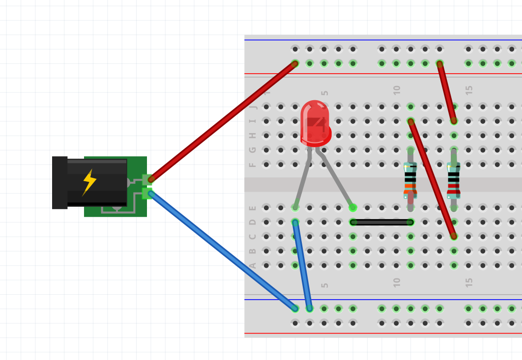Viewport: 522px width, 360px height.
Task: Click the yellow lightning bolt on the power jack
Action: (89, 182)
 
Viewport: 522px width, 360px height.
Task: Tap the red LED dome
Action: (315, 123)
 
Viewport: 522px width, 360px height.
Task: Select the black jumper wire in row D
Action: (381, 222)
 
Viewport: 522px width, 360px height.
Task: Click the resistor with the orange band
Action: (410, 180)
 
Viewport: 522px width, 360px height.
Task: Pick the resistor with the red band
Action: (453, 180)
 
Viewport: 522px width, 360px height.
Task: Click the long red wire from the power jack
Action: (223, 121)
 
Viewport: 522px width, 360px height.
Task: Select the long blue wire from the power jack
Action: (222, 251)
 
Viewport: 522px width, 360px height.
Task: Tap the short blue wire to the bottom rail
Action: (302, 265)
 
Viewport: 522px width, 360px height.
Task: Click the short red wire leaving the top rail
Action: (446, 92)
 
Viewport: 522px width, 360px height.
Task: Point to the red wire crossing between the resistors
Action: (432, 179)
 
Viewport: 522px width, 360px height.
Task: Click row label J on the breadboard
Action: (253, 107)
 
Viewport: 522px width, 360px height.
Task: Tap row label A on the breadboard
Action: (253, 266)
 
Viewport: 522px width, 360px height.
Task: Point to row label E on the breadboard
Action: (253, 208)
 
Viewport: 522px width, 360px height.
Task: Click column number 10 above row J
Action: (397, 90)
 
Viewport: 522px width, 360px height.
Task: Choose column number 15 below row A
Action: (469, 283)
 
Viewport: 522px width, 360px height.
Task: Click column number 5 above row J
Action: (325, 93)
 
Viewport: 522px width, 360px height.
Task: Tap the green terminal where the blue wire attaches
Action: (147, 194)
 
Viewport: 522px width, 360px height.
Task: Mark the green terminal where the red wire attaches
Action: (147, 180)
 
